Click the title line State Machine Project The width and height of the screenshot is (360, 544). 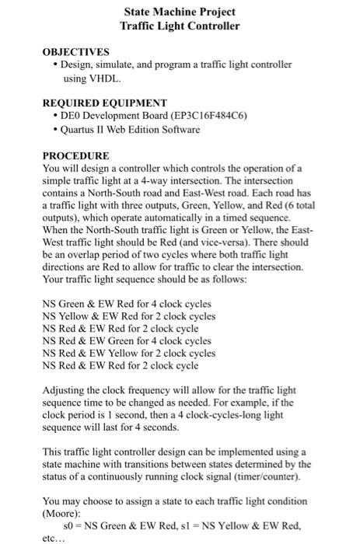180,12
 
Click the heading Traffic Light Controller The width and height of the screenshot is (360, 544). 180,26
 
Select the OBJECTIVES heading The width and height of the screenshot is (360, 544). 75,53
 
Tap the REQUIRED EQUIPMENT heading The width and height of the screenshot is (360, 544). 104,103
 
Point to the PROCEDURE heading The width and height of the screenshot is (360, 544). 75,155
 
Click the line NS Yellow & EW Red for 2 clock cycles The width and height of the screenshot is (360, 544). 129,316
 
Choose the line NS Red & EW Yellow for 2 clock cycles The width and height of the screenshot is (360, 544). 129,353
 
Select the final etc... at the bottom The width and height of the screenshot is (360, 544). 54,537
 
